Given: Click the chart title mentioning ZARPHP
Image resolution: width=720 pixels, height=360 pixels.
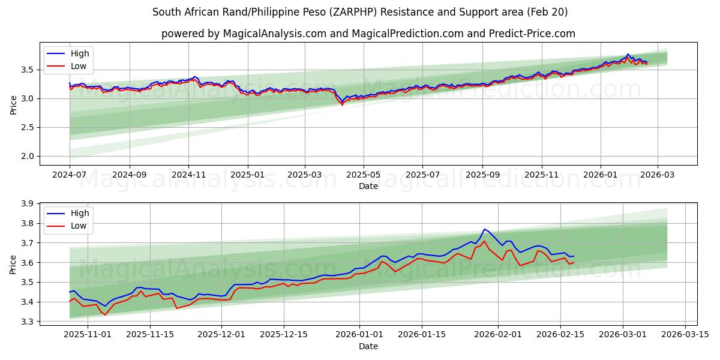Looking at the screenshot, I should [x=360, y=12].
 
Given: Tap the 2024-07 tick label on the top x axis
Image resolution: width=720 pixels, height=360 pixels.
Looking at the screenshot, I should [x=70, y=174].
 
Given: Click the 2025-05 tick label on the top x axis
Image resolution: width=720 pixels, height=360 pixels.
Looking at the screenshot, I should [x=363, y=174].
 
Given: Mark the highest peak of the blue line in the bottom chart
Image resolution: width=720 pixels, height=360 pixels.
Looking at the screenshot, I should [x=484, y=229].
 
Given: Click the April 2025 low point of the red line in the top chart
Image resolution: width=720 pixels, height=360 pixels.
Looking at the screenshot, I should [x=343, y=105].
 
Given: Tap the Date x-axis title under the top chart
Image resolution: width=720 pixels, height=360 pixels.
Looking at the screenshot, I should [x=368, y=186].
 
